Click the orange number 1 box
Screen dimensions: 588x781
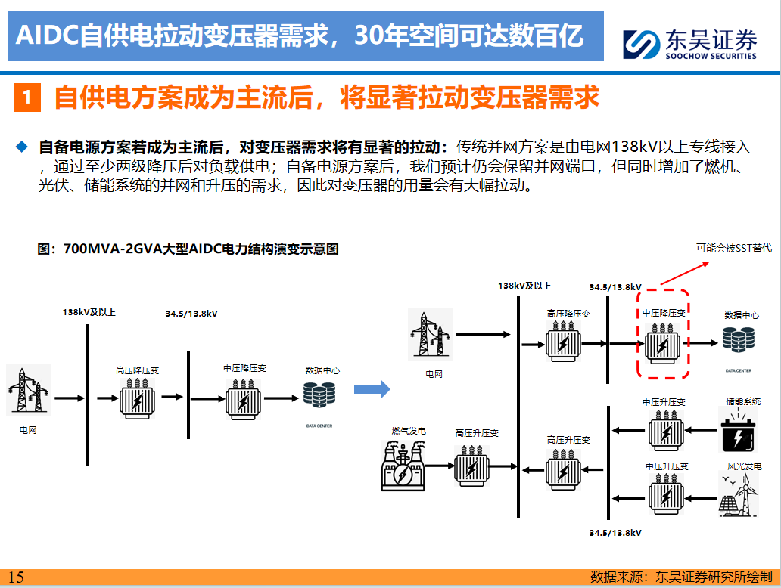(26, 98)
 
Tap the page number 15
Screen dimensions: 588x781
(16, 577)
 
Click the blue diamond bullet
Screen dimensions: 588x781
(22, 145)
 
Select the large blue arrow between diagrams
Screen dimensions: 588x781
(372, 389)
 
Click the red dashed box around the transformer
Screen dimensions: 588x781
(663, 333)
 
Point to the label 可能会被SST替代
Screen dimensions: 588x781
(733, 248)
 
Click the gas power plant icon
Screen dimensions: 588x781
(403, 466)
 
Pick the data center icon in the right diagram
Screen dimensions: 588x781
(739, 340)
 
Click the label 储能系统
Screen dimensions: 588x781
(742, 402)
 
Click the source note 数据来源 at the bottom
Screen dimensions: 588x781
(680, 577)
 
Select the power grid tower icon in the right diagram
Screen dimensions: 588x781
(430, 332)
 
